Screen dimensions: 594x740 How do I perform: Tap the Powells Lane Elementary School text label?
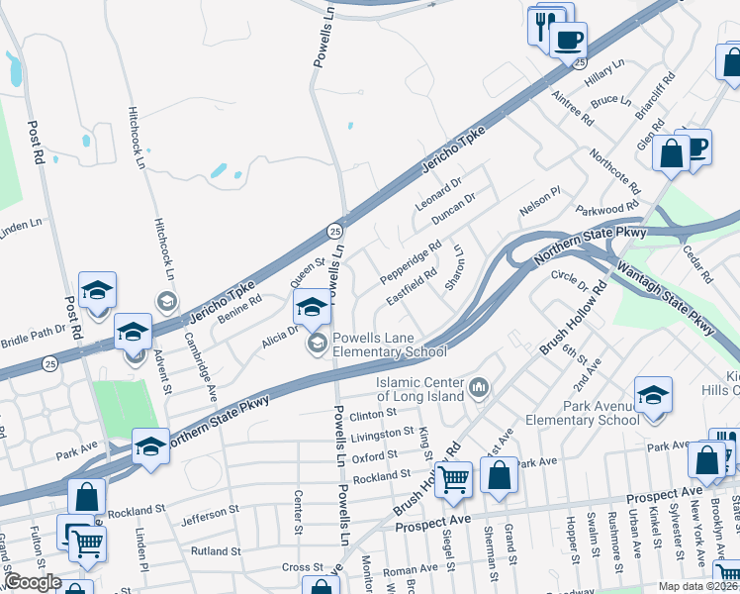click(389, 345)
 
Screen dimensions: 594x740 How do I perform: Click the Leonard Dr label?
click(438, 193)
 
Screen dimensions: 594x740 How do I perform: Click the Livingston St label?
click(381, 434)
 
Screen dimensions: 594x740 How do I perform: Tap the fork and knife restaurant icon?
click(543, 26)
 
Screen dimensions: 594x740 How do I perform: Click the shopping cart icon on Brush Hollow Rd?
click(454, 479)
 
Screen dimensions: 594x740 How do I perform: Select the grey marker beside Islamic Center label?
click(480, 386)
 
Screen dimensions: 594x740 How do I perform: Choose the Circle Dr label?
click(570, 280)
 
